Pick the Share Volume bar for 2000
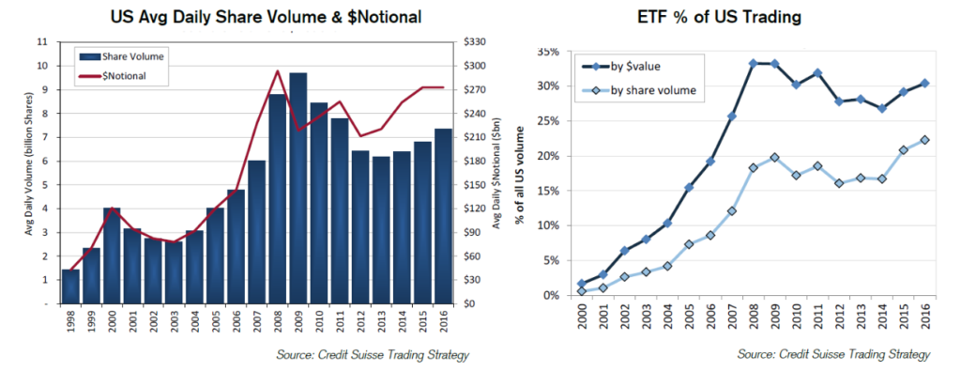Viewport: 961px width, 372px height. pos(112,255)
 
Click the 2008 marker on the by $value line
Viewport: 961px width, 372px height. pos(753,64)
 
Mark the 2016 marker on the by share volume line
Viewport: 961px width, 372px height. pos(924,140)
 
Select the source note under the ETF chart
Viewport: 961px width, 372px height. pos(833,354)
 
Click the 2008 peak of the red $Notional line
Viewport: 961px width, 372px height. pos(277,70)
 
